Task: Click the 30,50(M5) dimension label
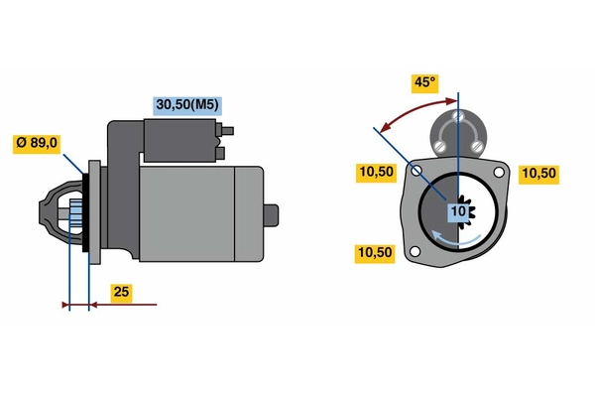[187, 105]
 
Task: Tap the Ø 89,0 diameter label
[37, 143]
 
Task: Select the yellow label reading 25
[121, 293]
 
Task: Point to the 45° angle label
[425, 82]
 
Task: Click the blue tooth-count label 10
[458, 211]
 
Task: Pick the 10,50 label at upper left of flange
[376, 173]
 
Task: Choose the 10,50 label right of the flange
[538, 174]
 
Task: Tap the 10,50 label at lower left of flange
[375, 253]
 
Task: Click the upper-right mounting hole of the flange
[499, 173]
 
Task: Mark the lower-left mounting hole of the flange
[416, 251]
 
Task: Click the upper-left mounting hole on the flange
[416, 171]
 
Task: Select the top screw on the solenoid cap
[458, 116]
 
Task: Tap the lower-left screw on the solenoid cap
[440, 146]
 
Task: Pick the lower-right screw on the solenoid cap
[476, 146]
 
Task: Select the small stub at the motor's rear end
[271, 215]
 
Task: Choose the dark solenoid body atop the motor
[179, 141]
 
